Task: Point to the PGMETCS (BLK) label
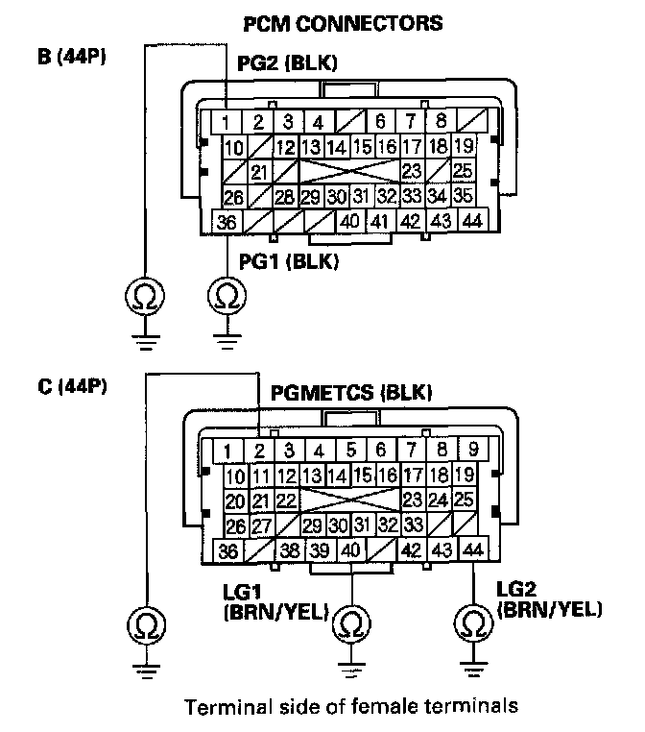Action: click(x=351, y=393)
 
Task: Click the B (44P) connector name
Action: click(x=71, y=57)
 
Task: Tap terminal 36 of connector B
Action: click(x=227, y=223)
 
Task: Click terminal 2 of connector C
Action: click(x=260, y=450)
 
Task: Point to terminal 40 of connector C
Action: click(x=351, y=551)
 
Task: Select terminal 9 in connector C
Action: click(x=472, y=450)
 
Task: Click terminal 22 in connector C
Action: click(x=285, y=500)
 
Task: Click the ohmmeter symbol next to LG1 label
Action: click(x=351, y=624)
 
